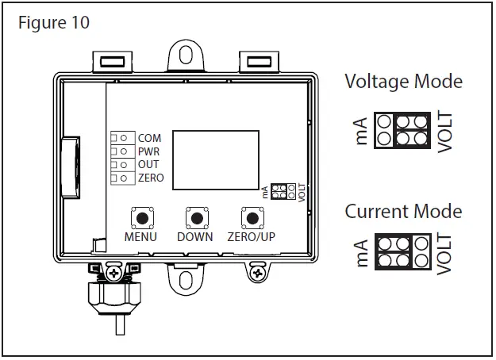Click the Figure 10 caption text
[x=54, y=22]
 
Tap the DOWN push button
[x=195, y=218]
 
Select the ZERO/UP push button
[x=252, y=218]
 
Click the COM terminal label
[x=149, y=139]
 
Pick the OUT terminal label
[x=148, y=164]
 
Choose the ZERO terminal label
[x=151, y=178]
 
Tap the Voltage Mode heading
[x=403, y=81]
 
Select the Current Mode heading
[x=403, y=212]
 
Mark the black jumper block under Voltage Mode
[x=411, y=129]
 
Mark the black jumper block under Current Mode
[x=394, y=252]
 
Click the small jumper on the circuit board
[x=281, y=191]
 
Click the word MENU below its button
[x=140, y=237]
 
